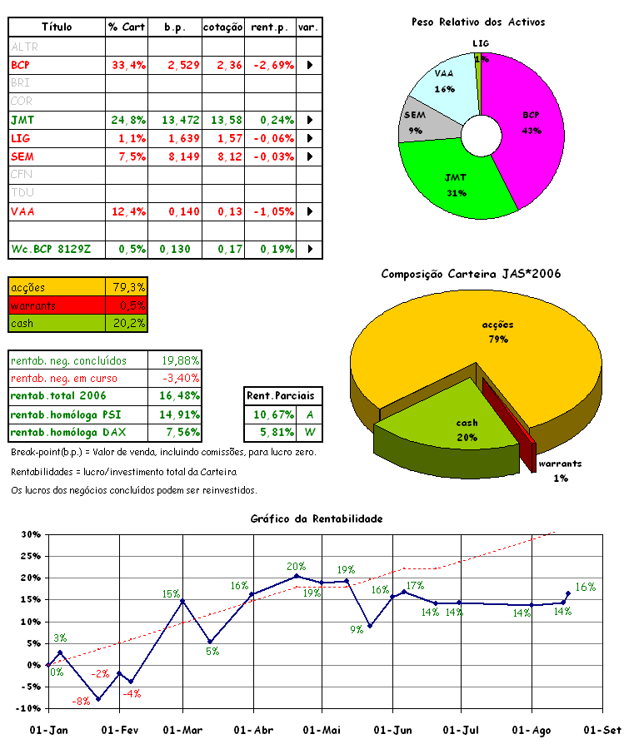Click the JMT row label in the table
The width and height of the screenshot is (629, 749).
23,120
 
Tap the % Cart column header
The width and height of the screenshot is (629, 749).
127,27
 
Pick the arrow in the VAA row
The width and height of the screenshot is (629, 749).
310,211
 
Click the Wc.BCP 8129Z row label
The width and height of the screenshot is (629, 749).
50,249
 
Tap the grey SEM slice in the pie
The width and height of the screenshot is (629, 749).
415,122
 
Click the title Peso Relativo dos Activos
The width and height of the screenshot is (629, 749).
478,22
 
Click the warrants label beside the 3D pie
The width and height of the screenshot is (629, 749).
559,464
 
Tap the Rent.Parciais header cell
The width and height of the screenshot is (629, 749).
284,396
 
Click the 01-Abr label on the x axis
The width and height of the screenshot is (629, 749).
256,731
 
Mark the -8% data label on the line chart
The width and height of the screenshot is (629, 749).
81,702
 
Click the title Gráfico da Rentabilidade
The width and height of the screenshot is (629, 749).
316,518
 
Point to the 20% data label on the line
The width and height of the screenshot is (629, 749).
296,566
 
